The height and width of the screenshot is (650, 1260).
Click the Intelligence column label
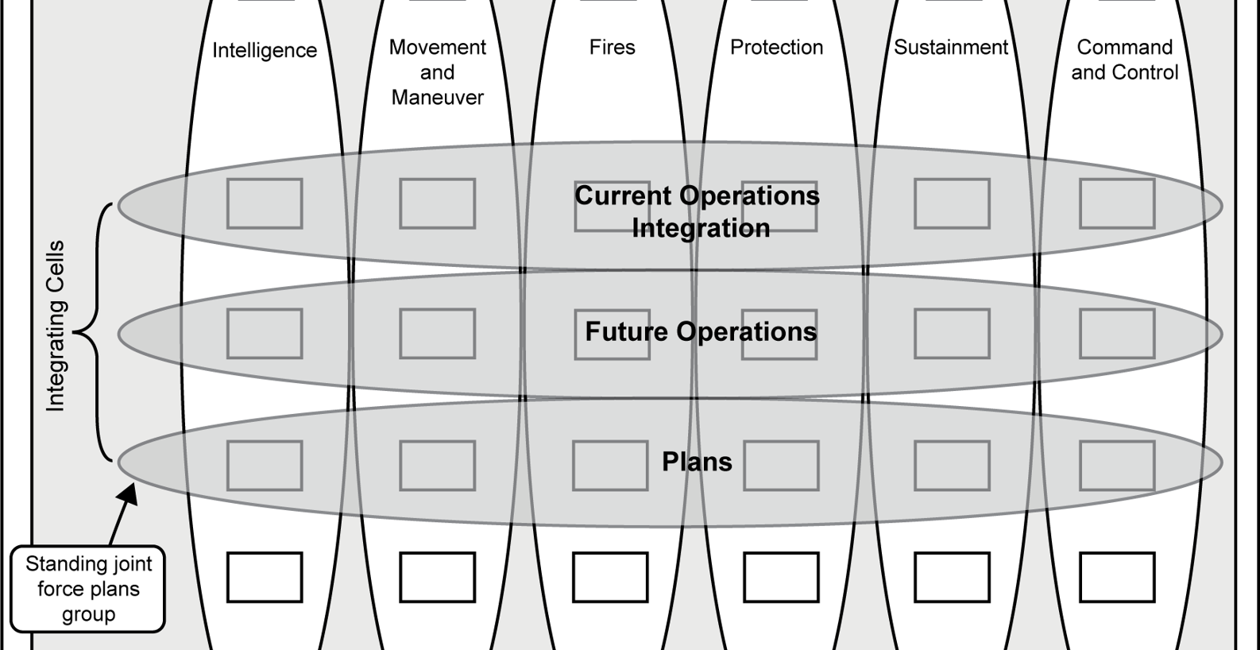pos(265,51)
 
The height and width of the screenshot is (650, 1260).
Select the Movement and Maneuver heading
pos(437,72)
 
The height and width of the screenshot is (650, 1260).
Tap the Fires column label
pos(612,48)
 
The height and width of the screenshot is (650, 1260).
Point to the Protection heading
pos(776,48)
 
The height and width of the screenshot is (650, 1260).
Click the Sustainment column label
pos(951,48)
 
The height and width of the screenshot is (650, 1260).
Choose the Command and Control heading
pos(1124,60)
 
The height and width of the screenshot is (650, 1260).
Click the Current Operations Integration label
pos(698,212)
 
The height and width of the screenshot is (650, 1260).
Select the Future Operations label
pos(701,331)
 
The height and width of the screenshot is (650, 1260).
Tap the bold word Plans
pos(697,462)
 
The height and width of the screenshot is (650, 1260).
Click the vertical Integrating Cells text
pos(55,326)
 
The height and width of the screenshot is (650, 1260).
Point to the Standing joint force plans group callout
pos(88,589)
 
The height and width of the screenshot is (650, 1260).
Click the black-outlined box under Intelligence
pos(265,577)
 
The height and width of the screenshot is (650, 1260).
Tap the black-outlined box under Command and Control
pos(1116,577)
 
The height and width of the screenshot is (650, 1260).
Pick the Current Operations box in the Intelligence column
pos(265,203)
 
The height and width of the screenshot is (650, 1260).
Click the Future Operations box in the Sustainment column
pos(952,334)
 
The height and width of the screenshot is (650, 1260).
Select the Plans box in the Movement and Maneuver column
pos(437,466)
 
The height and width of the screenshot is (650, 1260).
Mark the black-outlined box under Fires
pos(609,577)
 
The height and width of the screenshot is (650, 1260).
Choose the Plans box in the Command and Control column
pos(1116,466)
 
